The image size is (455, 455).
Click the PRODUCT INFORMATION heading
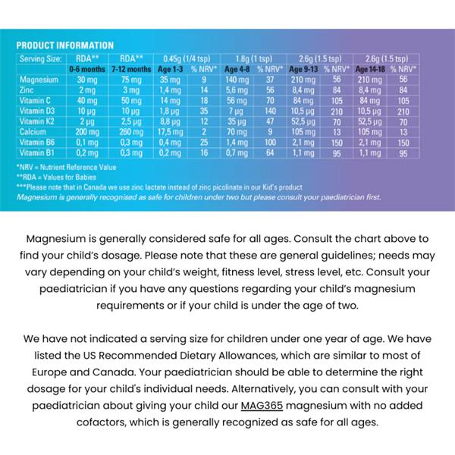tap(64, 45)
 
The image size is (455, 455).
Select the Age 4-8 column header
tap(238, 68)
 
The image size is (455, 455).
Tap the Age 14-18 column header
tap(373, 68)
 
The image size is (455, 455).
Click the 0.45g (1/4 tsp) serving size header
tap(186, 56)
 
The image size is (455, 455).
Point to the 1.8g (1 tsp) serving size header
tap(254, 56)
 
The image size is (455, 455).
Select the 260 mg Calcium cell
tap(131, 130)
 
